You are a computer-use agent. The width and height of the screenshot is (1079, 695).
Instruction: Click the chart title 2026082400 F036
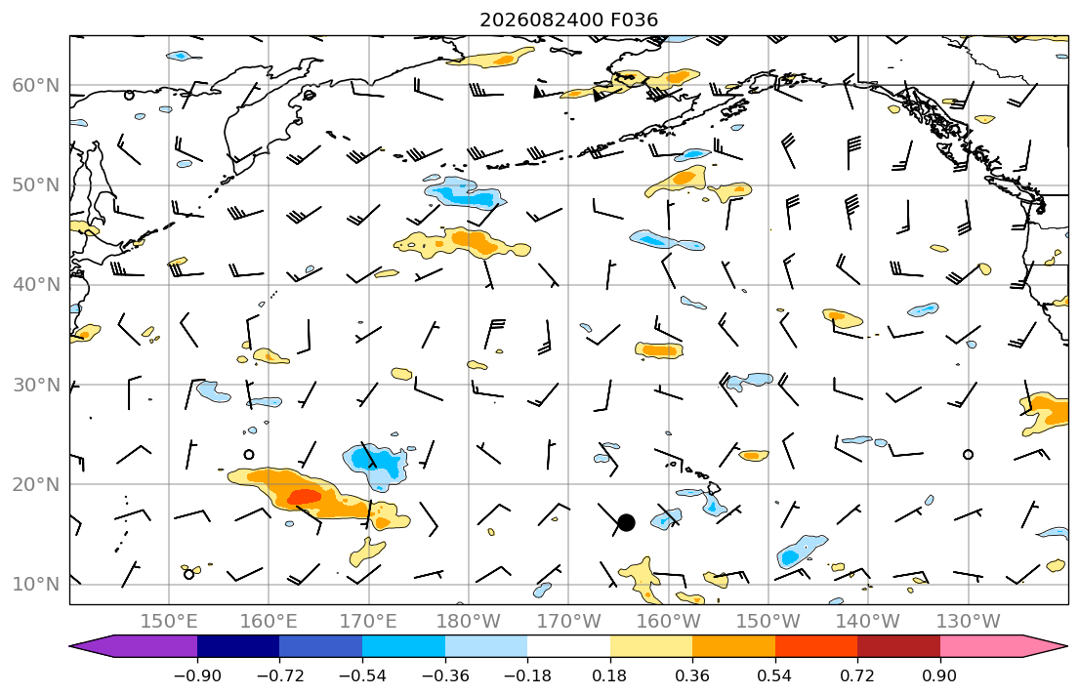tap(568, 20)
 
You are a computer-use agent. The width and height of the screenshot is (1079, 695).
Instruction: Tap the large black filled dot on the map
tap(626, 523)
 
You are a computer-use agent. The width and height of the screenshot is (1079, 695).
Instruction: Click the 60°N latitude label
tap(36, 85)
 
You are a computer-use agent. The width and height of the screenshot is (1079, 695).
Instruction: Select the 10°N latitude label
tap(36, 585)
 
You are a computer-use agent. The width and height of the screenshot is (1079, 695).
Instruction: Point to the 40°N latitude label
tap(36, 285)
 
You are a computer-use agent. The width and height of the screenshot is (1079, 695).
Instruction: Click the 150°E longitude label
tap(169, 622)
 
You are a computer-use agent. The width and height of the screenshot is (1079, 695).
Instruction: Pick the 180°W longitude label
tap(469, 622)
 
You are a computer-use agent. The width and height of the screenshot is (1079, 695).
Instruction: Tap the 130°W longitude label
tap(969, 622)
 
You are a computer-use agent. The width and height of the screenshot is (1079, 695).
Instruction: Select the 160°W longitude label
tap(668, 622)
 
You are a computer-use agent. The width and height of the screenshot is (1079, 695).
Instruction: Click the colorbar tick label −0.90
tap(197, 675)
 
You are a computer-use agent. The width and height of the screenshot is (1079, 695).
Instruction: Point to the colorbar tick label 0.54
tap(775, 675)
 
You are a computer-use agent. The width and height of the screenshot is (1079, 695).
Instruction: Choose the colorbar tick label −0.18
tap(527, 675)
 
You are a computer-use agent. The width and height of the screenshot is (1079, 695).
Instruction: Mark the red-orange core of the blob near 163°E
tap(304, 496)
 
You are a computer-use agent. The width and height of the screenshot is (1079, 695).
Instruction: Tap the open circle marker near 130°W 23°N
tap(969, 454)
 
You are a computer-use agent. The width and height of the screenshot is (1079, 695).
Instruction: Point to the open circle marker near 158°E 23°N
tap(249, 454)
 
